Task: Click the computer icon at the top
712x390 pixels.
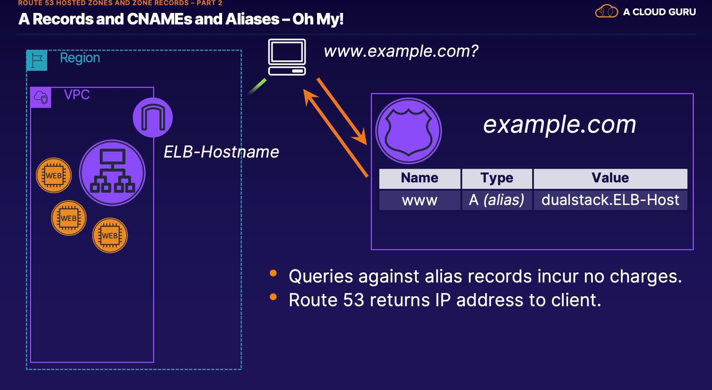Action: [287, 57]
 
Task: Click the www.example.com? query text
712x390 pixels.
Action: [401, 51]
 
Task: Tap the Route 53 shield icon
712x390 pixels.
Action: [408, 131]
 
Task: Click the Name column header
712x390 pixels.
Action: [419, 178]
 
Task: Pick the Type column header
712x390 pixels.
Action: [497, 178]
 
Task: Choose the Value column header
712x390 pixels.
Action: [610, 178]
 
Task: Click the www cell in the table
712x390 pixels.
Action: [419, 200]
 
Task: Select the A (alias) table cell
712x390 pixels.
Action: [497, 200]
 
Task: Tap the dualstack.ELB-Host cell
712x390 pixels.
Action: [610, 200]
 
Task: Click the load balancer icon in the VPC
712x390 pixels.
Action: [112, 173]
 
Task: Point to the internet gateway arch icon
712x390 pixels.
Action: [153, 118]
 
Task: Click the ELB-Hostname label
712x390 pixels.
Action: [221, 152]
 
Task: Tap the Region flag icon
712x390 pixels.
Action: [37, 60]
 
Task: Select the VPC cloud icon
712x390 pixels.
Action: [41, 97]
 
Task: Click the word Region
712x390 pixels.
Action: [80, 58]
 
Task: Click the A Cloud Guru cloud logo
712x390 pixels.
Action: [606, 11]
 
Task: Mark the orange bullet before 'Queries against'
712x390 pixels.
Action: [273, 273]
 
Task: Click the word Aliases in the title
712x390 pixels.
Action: [252, 19]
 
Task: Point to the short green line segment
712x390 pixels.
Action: [257, 86]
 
